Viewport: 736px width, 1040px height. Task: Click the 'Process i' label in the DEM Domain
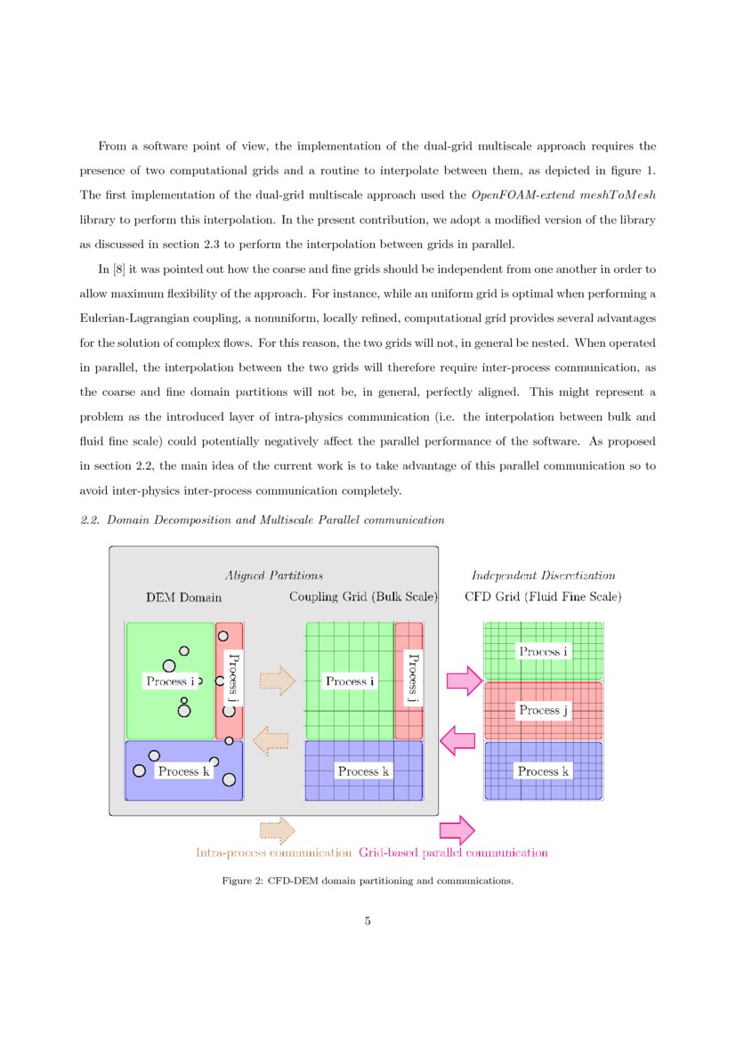click(x=170, y=681)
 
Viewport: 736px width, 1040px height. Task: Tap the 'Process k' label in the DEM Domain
click(x=184, y=771)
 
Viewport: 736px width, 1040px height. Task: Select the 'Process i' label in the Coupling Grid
click(x=349, y=681)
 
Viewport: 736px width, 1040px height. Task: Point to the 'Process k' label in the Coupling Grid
click(x=362, y=771)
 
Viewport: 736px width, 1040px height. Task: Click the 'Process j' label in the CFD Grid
click(x=539, y=710)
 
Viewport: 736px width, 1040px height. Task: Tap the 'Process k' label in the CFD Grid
click(x=543, y=771)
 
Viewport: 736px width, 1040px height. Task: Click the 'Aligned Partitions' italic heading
click(x=273, y=576)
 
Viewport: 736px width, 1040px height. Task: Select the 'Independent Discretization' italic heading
click(x=543, y=576)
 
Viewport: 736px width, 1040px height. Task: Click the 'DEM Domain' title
click(x=183, y=597)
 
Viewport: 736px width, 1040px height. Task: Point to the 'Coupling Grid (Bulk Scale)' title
click(x=363, y=597)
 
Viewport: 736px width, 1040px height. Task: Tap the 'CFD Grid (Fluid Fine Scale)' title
click(x=543, y=597)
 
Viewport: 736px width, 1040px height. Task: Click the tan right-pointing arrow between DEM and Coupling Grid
click(x=277, y=681)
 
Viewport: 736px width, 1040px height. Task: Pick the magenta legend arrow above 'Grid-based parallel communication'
click(x=457, y=830)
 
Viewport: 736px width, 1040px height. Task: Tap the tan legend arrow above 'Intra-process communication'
click(x=277, y=830)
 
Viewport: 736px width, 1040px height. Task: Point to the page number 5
click(x=368, y=921)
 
